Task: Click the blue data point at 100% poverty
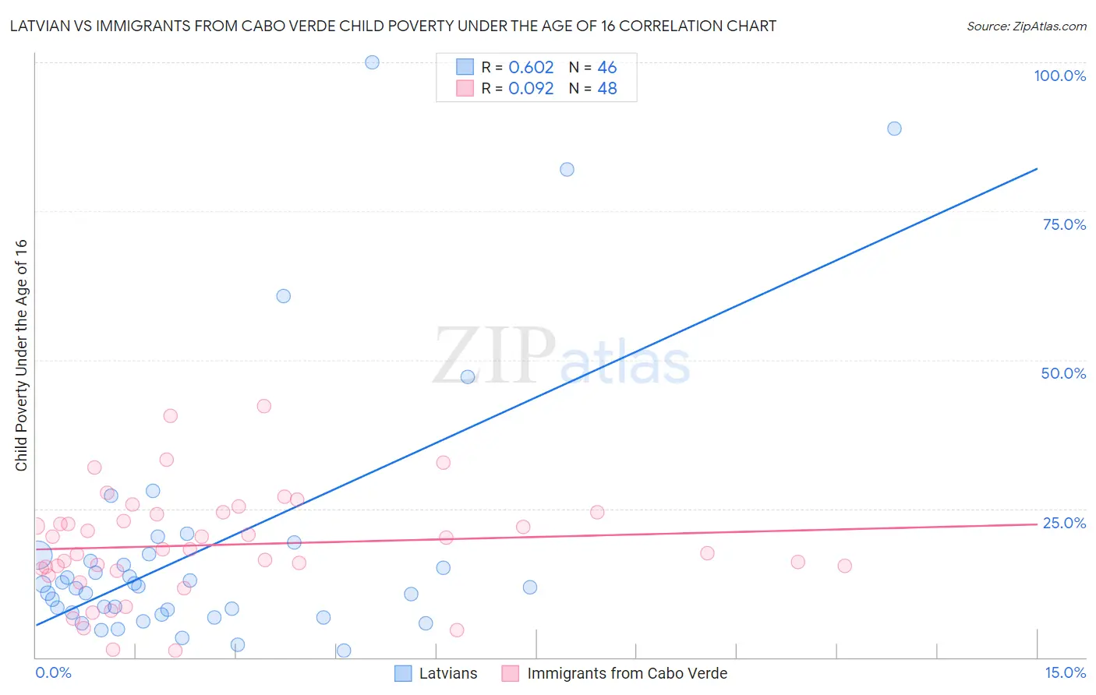click(372, 62)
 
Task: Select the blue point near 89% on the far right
click(894, 129)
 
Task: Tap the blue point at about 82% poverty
click(567, 170)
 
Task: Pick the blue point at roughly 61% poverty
click(284, 296)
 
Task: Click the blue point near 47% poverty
click(468, 377)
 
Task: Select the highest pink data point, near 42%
click(264, 406)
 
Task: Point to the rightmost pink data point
click(844, 566)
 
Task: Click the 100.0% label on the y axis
click(1059, 76)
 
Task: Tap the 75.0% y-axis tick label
click(1064, 224)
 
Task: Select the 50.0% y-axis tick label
click(1063, 373)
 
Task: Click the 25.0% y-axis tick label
click(1064, 523)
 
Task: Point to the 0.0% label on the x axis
click(53, 672)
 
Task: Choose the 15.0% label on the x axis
click(1065, 672)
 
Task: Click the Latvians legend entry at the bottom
click(447, 673)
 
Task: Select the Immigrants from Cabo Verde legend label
click(627, 673)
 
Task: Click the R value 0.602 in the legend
click(531, 68)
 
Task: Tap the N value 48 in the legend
click(607, 89)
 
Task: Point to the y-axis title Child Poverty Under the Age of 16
click(22, 355)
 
